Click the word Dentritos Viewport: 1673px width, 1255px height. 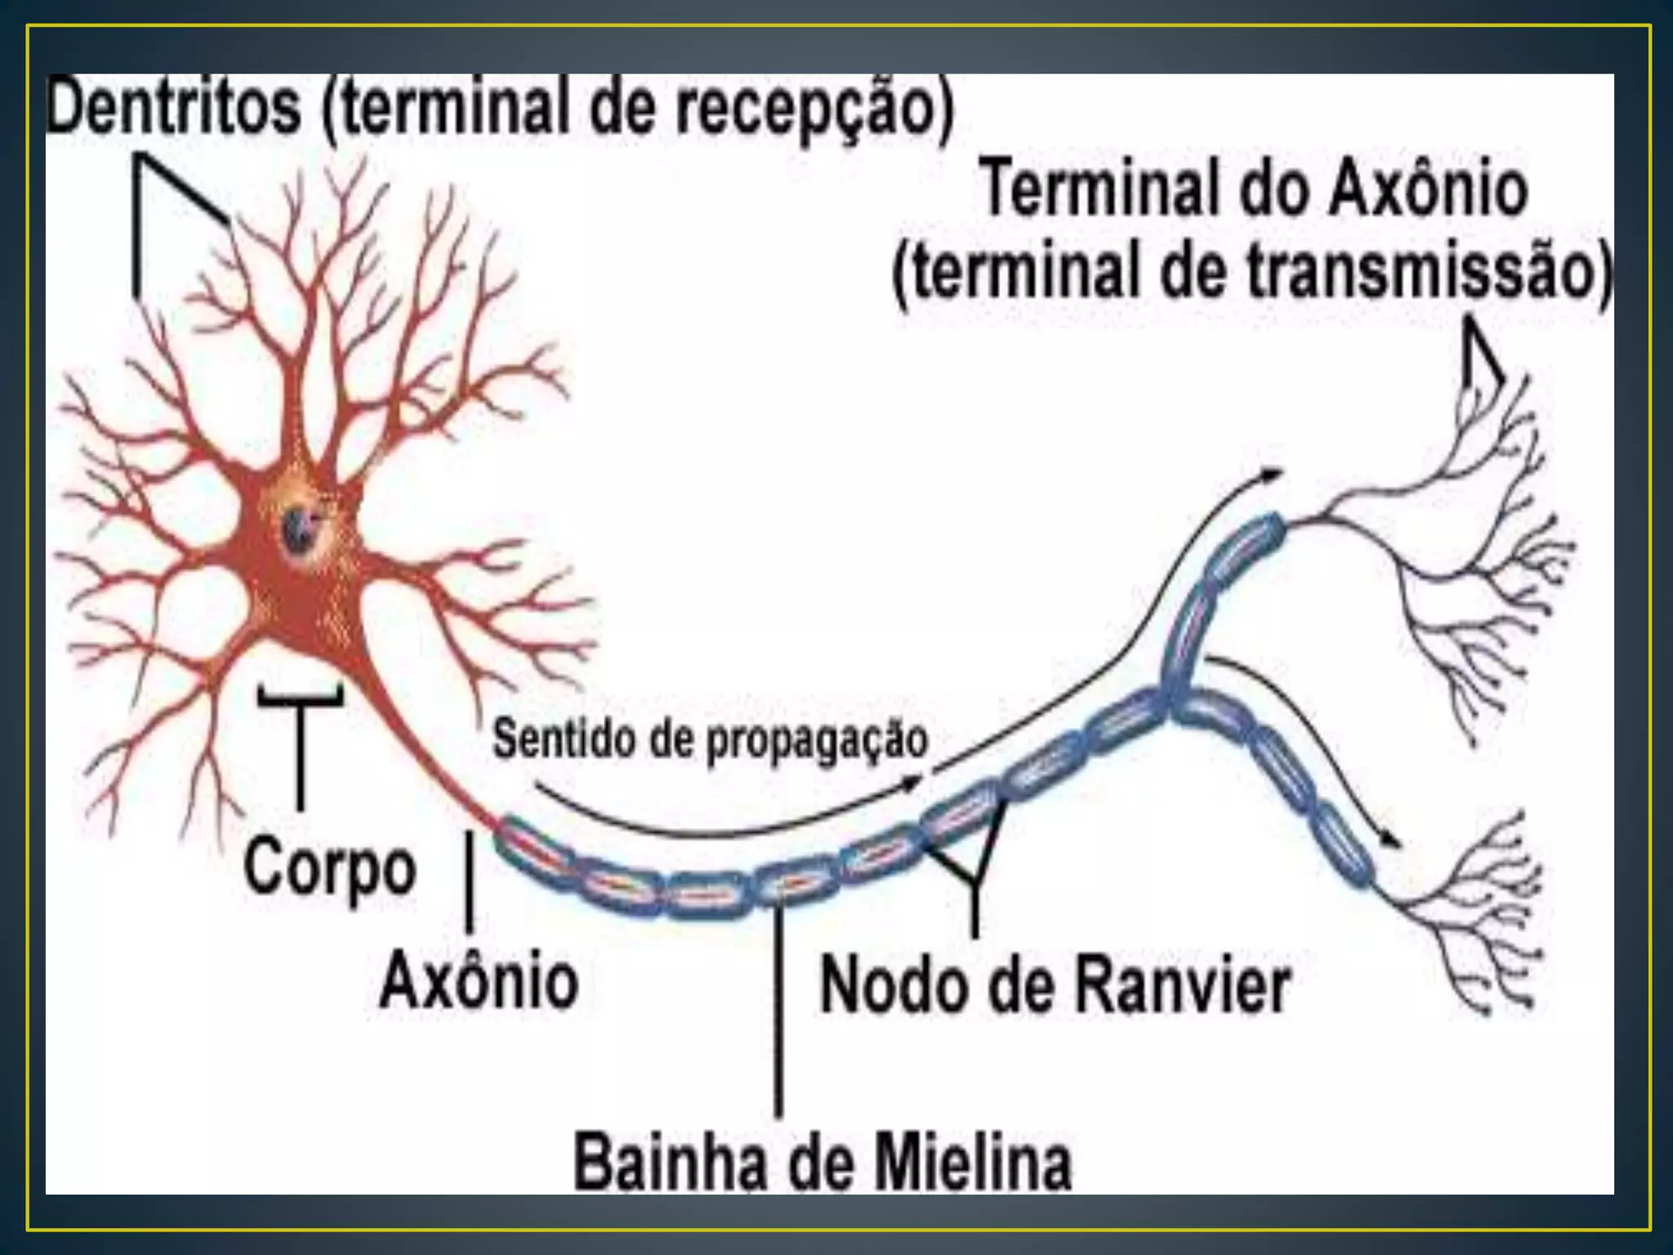[x=174, y=109]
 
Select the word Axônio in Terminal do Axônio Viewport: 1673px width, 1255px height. [x=1428, y=190]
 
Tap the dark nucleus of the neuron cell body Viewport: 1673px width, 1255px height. [x=293, y=529]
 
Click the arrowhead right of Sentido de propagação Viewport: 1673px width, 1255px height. [x=912, y=783]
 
